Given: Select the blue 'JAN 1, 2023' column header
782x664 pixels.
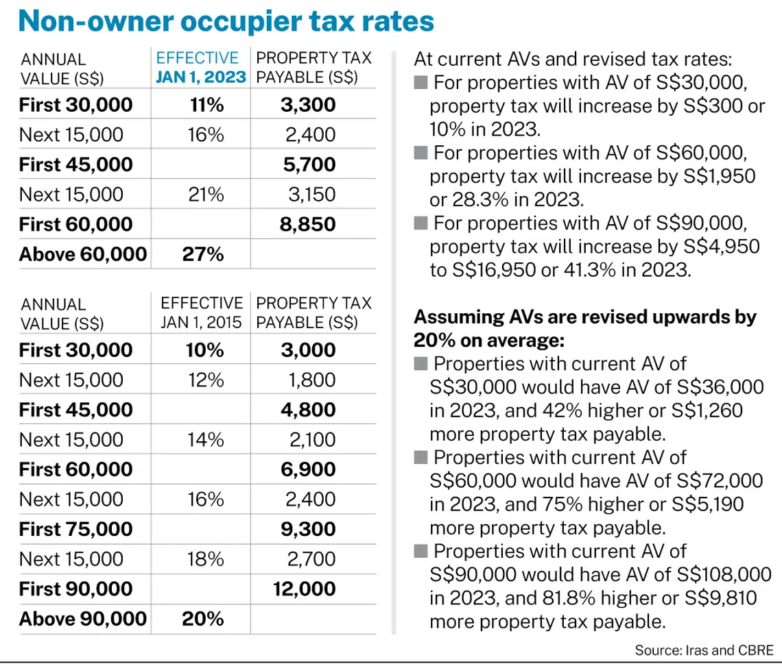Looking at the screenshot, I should coord(200,77).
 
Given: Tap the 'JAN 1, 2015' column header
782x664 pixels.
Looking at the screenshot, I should coord(202,322).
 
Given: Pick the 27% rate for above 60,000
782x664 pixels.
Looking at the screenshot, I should coord(203,254).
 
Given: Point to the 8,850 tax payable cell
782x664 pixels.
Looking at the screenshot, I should coord(308,224).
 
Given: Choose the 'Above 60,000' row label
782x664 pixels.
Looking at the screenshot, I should coord(83,254).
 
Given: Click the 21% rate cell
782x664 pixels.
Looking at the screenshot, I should coord(206,195).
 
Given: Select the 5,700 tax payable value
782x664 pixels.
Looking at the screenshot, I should coord(308,164).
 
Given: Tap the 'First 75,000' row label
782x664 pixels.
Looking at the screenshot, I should coord(76,529).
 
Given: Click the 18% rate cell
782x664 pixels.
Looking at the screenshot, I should coord(206,559).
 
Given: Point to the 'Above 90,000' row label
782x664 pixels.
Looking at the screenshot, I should coord(83,619).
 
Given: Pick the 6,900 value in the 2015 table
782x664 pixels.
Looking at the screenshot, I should coord(308,469).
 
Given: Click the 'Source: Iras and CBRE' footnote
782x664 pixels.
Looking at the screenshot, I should coord(704,650).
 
